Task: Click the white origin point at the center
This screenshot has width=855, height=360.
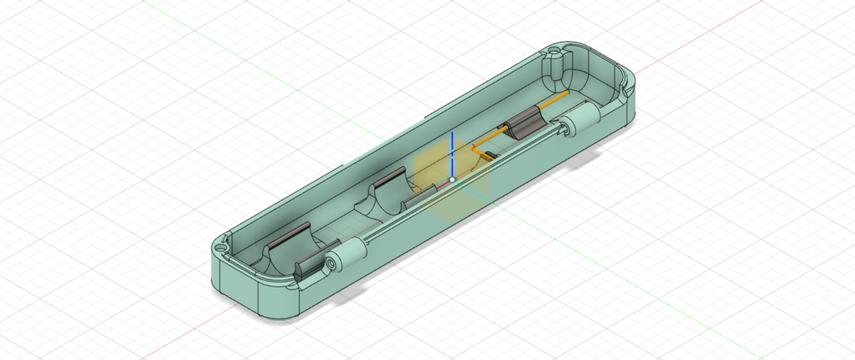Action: click(x=452, y=179)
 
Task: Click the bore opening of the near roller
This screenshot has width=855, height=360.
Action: click(x=332, y=263)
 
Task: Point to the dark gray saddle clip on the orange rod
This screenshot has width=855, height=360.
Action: click(x=527, y=123)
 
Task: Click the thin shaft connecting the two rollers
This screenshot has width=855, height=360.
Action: click(x=459, y=187)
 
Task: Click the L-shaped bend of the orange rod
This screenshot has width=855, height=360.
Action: click(x=478, y=150)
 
